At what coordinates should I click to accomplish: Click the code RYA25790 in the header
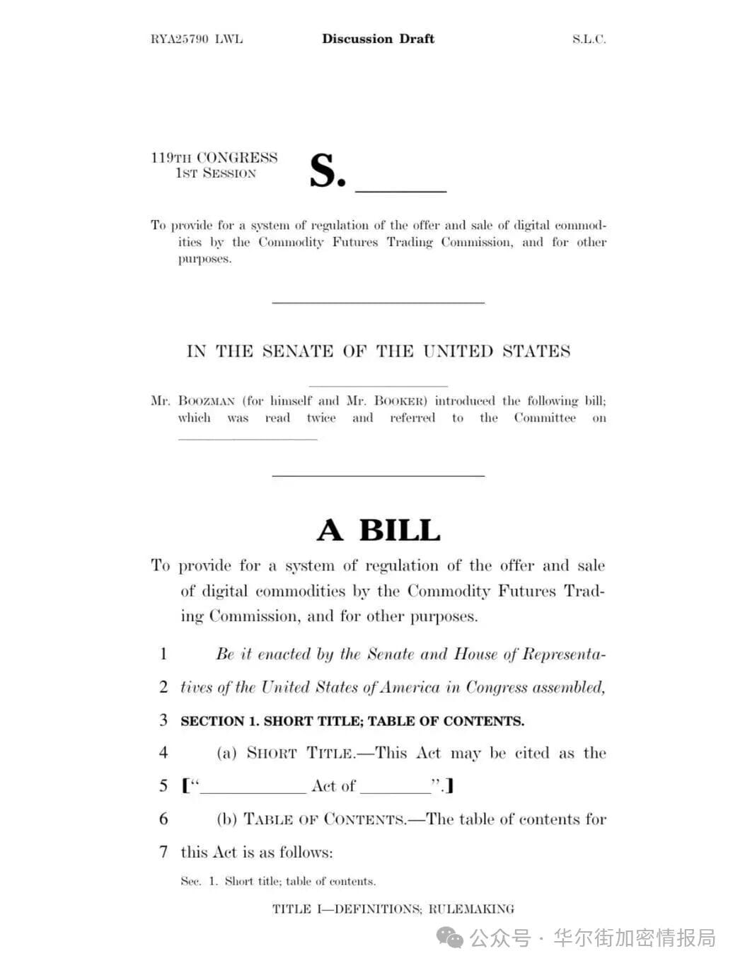point(180,39)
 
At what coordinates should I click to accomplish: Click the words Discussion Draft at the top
point(378,39)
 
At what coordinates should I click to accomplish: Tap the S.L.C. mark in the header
point(589,39)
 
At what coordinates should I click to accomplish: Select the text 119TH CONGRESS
point(214,158)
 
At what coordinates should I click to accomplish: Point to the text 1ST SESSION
point(216,173)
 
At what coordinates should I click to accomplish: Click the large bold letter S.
point(327,171)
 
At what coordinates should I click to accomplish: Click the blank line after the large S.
point(400,190)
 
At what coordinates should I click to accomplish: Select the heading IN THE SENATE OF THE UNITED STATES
point(378,352)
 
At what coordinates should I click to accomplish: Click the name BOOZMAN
point(207,401)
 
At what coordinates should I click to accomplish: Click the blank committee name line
point(248,438)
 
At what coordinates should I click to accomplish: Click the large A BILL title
point(378,530)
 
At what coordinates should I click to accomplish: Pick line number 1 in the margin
point(163,654)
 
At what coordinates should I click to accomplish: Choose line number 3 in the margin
point(163,720)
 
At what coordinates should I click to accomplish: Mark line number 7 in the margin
point(163,852)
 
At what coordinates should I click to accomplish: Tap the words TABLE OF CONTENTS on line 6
point(325,819)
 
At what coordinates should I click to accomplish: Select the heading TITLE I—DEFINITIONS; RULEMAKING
point(393,909)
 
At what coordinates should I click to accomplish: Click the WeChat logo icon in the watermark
point(450,939)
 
